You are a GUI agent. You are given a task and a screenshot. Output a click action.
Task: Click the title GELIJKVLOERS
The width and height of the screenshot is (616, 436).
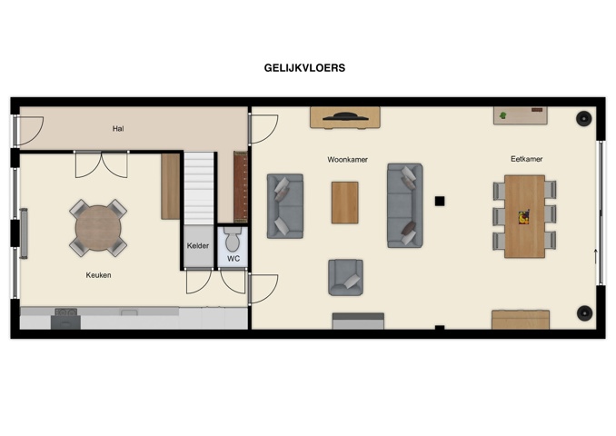304,67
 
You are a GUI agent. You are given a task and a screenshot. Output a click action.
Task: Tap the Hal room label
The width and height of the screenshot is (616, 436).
118,129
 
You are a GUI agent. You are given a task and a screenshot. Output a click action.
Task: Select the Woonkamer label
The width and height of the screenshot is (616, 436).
347,159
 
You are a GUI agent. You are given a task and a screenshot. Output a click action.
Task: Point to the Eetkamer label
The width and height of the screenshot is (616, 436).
526,159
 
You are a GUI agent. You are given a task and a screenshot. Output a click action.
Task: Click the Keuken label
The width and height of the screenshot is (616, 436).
98,274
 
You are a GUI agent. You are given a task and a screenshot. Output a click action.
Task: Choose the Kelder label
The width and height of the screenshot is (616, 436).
198,246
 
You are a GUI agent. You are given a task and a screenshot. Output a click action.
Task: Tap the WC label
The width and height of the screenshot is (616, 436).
233,259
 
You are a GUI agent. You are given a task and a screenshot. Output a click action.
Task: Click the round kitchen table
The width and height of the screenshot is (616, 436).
98,227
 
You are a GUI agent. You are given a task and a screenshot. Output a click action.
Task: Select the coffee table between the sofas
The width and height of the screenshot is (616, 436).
344,203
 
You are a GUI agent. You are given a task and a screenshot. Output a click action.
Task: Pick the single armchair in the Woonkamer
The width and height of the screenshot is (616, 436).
345,277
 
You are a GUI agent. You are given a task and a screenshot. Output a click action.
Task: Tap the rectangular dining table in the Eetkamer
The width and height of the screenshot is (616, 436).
524,215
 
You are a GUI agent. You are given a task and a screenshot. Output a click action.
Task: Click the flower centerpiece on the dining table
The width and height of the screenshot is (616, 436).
523,216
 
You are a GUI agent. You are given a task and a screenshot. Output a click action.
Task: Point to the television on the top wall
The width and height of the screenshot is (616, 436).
344,116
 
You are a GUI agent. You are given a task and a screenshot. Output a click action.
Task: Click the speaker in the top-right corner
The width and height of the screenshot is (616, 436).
583,117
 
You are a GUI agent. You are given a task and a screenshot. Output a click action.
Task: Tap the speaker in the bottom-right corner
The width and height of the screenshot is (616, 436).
583,313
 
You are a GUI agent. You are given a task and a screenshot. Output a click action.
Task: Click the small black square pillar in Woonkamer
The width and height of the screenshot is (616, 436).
439,201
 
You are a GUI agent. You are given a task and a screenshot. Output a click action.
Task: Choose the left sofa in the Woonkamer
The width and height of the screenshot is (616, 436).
284,206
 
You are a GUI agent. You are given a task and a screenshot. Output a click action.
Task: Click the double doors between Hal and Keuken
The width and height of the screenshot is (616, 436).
101,163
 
